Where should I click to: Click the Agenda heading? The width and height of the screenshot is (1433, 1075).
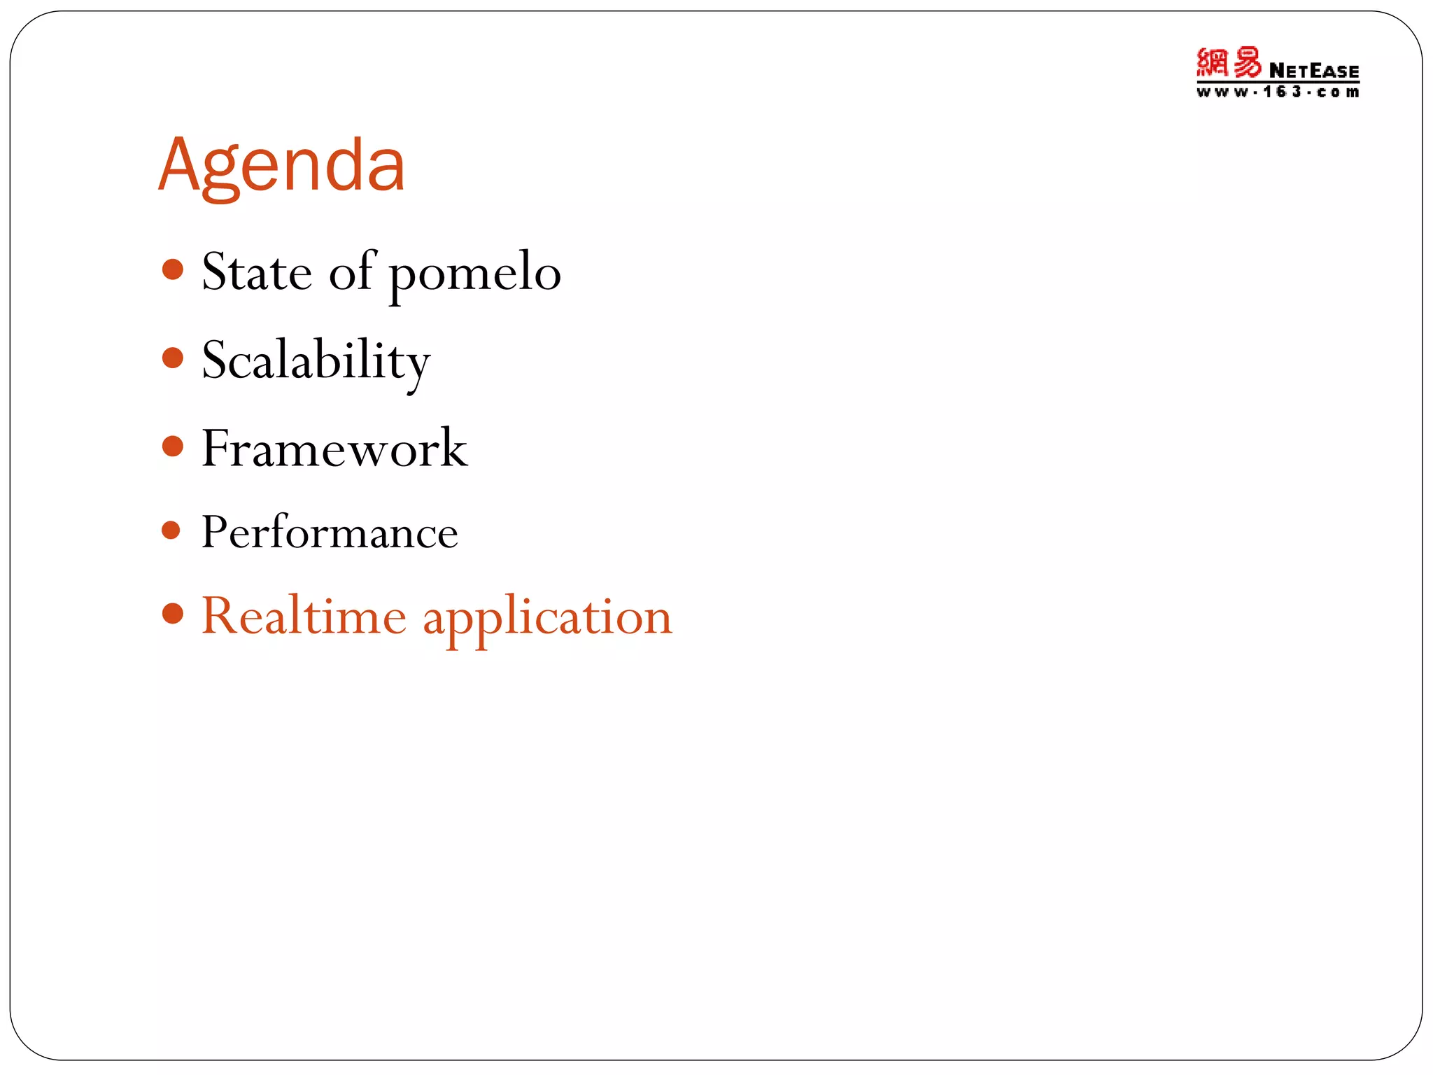pyautogui.click(x=281, y=166)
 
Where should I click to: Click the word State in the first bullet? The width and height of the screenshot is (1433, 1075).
pyautogui.click(x=257, y=272)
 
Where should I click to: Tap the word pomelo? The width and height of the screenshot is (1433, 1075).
pyautogui.click(x=475, y=274)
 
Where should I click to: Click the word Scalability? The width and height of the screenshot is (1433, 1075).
pyautogui.click(x=316, y=361)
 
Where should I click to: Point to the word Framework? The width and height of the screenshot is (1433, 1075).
pyautogui.click(x=334, y=449)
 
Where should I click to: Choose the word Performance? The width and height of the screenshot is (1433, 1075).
pyautogui.click(x=330, y=532)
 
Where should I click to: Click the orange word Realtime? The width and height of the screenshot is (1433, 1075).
pyautogui.click(x=304, y=616)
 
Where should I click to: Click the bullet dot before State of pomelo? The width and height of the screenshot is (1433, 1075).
pyautogui.click(x=172, y=269)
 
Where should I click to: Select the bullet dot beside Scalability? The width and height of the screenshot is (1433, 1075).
pyautogui.click(x=172, y=358)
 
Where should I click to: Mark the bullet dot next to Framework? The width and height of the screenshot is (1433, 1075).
pyautogui.click(x=172, y=447)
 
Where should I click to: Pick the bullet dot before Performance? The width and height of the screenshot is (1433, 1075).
pyautogui.click(x=171, y=530)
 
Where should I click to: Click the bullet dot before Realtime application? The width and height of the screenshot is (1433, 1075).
pyautogui.click(x=172, y=614)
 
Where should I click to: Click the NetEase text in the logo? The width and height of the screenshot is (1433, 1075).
pyautogui.click(x=1313, y=71)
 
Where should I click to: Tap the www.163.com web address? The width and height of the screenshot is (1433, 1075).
pyautogui.click(x=1277, y=92)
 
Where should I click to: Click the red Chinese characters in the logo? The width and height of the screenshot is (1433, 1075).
pyautogui.click(x=1229, y=63)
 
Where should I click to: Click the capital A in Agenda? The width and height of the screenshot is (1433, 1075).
pyautogui.click(x=180, y=164)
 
